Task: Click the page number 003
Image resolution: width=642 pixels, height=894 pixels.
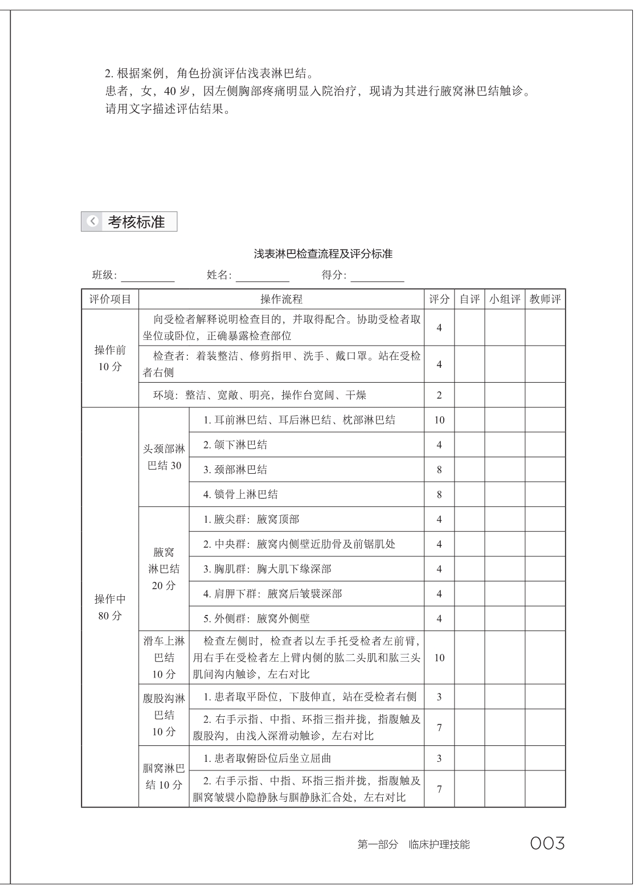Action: coord(547,843)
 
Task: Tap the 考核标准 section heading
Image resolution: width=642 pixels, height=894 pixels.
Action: coord(136,222)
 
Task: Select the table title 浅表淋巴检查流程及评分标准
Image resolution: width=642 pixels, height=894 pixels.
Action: coord(323,254)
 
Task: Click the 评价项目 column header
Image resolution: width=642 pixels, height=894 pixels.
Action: coord(110,299)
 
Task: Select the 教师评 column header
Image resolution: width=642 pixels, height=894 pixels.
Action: coord(545,299)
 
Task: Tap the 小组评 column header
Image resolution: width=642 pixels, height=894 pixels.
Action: coord(505,299)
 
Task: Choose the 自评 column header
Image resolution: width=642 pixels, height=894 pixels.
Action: coord(469,299)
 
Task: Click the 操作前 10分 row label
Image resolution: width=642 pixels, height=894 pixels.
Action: coord(110,358)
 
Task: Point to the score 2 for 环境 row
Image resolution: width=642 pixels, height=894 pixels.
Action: coord(439,395)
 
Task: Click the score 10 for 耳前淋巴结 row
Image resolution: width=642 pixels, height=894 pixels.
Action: coord(439,420)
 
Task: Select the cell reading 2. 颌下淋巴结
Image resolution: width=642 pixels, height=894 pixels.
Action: coord(235,445)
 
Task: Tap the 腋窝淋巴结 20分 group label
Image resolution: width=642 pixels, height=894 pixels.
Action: coord(164,568)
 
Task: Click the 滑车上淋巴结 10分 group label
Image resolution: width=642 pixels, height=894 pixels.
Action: coord(164,658)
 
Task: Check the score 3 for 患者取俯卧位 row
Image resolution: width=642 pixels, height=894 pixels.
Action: coord(439,758)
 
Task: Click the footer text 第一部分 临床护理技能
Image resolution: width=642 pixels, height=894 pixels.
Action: coord(414,844)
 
